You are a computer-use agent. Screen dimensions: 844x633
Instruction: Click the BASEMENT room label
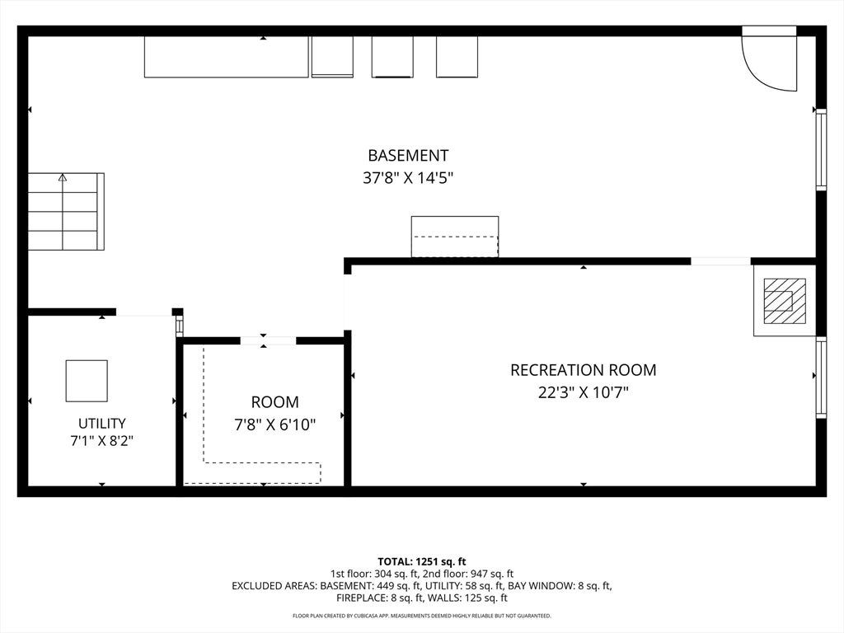coord(408,156)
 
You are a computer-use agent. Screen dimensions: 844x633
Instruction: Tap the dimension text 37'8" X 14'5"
coord(408,178)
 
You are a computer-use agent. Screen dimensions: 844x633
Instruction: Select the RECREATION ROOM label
coord(584,370)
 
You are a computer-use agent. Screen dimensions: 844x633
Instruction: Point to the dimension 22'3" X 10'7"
coord(584,392)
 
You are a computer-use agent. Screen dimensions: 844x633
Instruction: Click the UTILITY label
coord(101,423)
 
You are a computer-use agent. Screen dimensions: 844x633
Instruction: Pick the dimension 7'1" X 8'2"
coord(101,441)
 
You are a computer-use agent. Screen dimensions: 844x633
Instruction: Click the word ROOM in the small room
coord(275,402)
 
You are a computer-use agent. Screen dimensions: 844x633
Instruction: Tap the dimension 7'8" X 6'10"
coord(275,424)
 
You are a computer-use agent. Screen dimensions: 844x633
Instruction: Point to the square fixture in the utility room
coord(87,381)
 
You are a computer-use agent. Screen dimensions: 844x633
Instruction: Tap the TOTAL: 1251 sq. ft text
coord(422,562)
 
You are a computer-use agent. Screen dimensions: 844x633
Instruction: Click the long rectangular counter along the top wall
coord(227,57)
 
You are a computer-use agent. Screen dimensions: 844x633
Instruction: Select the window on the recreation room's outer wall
coord(821,377)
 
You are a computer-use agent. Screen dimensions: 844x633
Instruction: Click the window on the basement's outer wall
coord(821,150)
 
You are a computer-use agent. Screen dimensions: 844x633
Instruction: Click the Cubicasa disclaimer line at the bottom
coord(422,616)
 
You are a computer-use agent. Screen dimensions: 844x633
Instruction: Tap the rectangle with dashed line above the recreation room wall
coord(455,237)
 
